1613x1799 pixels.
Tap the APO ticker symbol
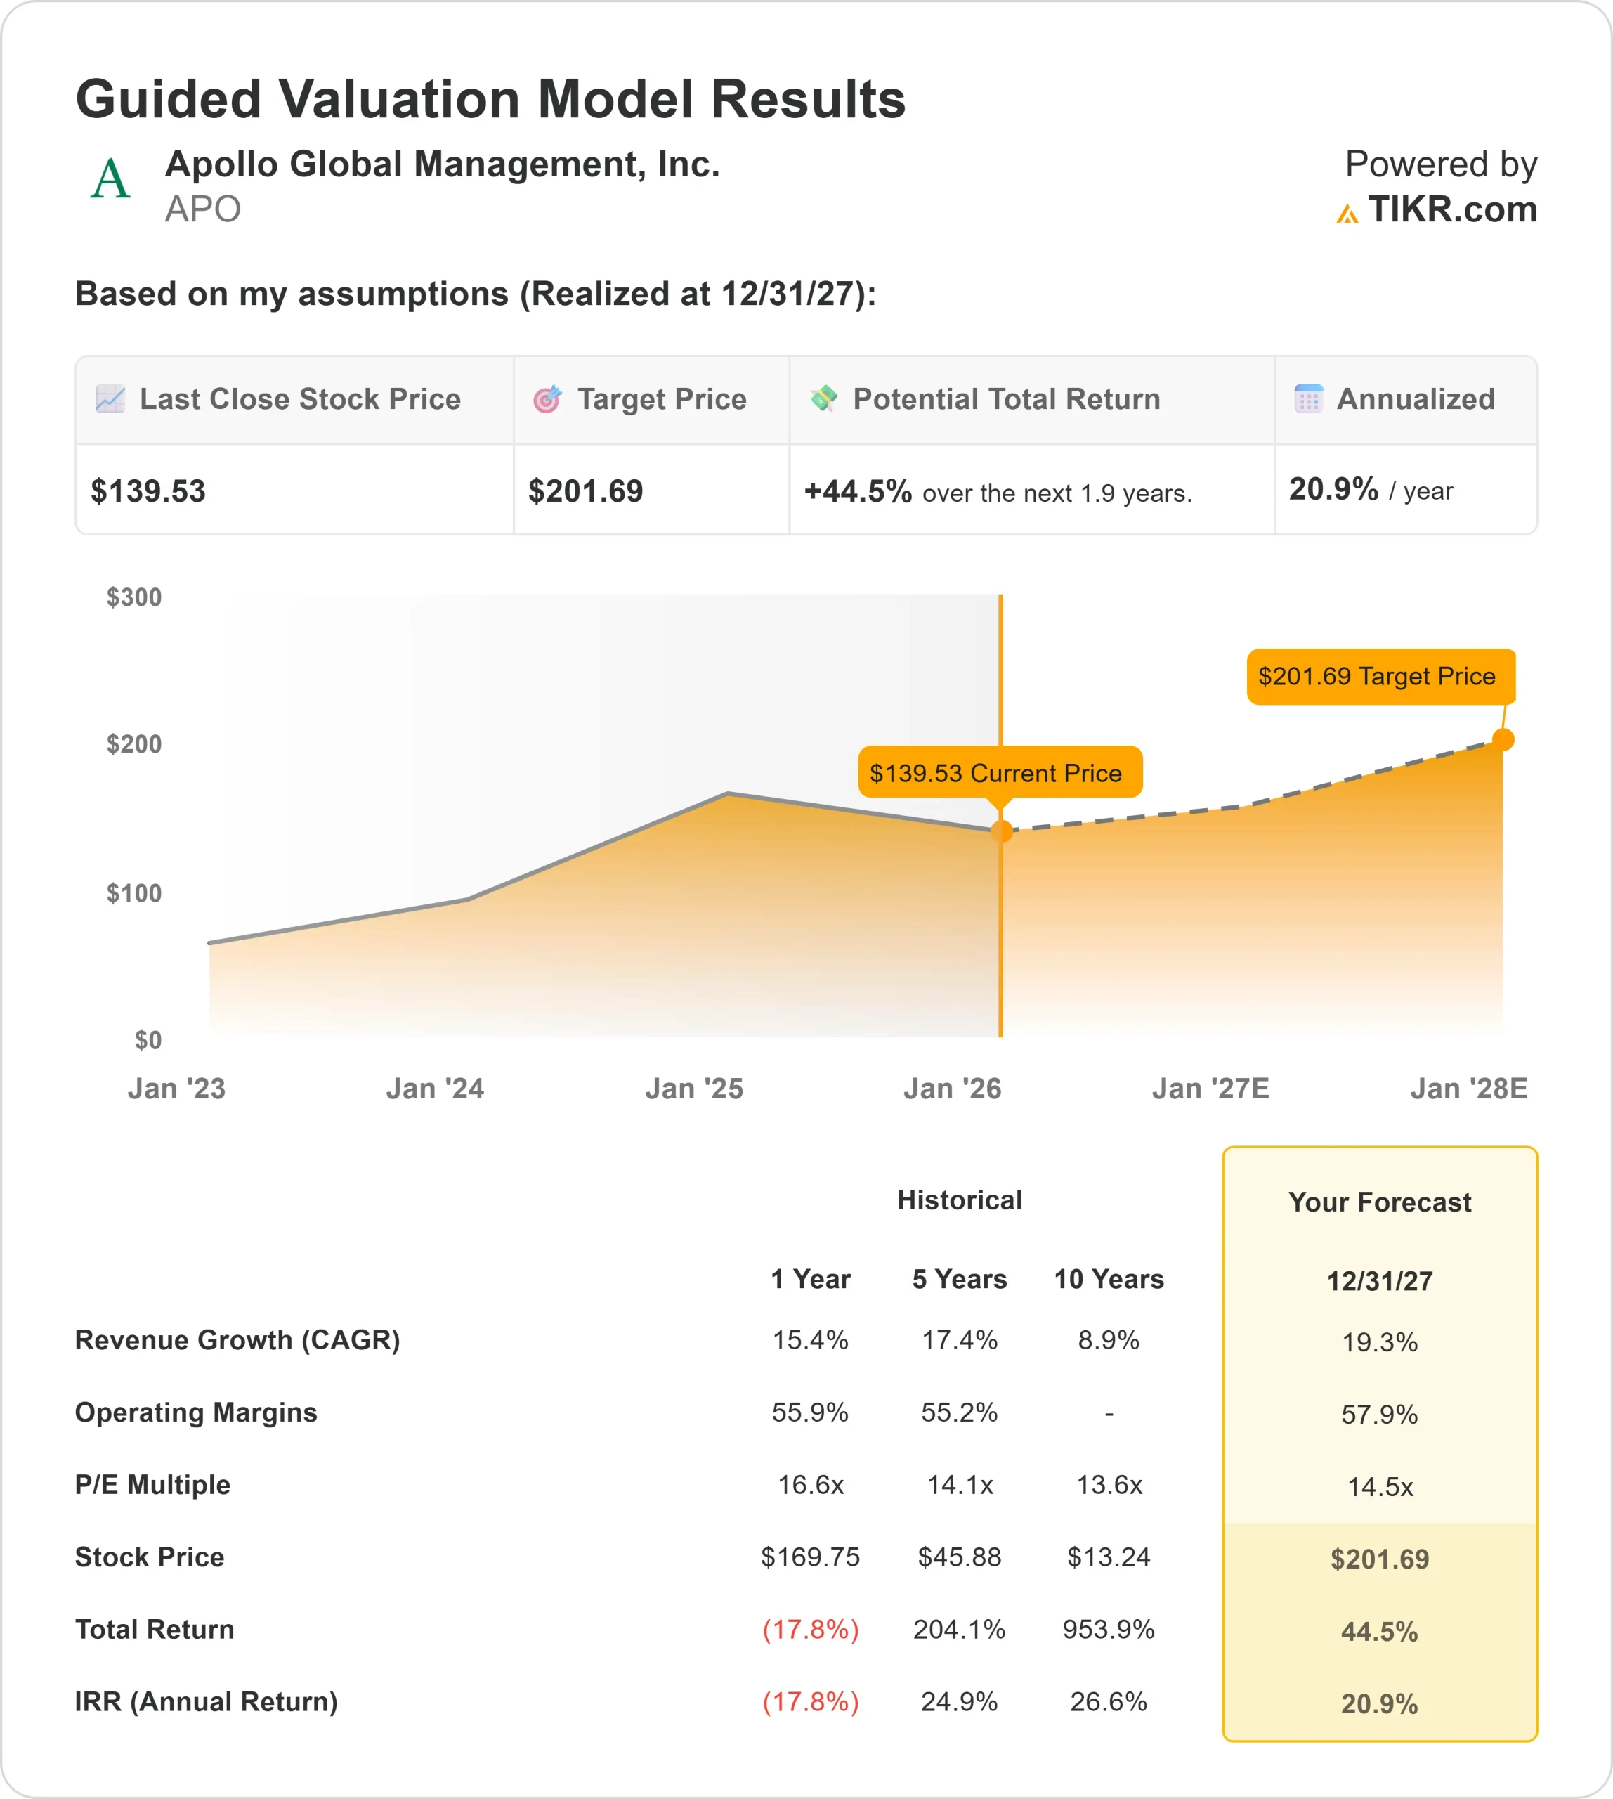[x=202, y=210]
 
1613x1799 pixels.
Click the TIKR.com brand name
[x=1451, y=210]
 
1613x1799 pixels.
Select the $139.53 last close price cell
[x=149, y=491]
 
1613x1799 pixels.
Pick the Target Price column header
[x=661, y=400]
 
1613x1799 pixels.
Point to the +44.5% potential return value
[x=857, y=491]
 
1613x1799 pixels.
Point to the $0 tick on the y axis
[x=148, y=1040]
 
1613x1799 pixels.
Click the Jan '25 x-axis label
[x=694, y=1089]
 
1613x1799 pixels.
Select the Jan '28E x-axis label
[x=1468, y=1089]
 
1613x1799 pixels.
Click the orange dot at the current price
[x=1002, y=831]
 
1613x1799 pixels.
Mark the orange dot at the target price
[x=1503, y=739]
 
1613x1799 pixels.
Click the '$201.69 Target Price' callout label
[x=1380, y=677]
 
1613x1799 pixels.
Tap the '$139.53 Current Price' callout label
[x=999, y=773]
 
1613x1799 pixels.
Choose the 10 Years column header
[x=1108, y=1280]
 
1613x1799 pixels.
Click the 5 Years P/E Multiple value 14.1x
[x=960, y=1485]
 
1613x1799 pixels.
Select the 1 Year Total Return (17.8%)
[x=810, y=1630]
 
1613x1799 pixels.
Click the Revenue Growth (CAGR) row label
[x=237, y=1341]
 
